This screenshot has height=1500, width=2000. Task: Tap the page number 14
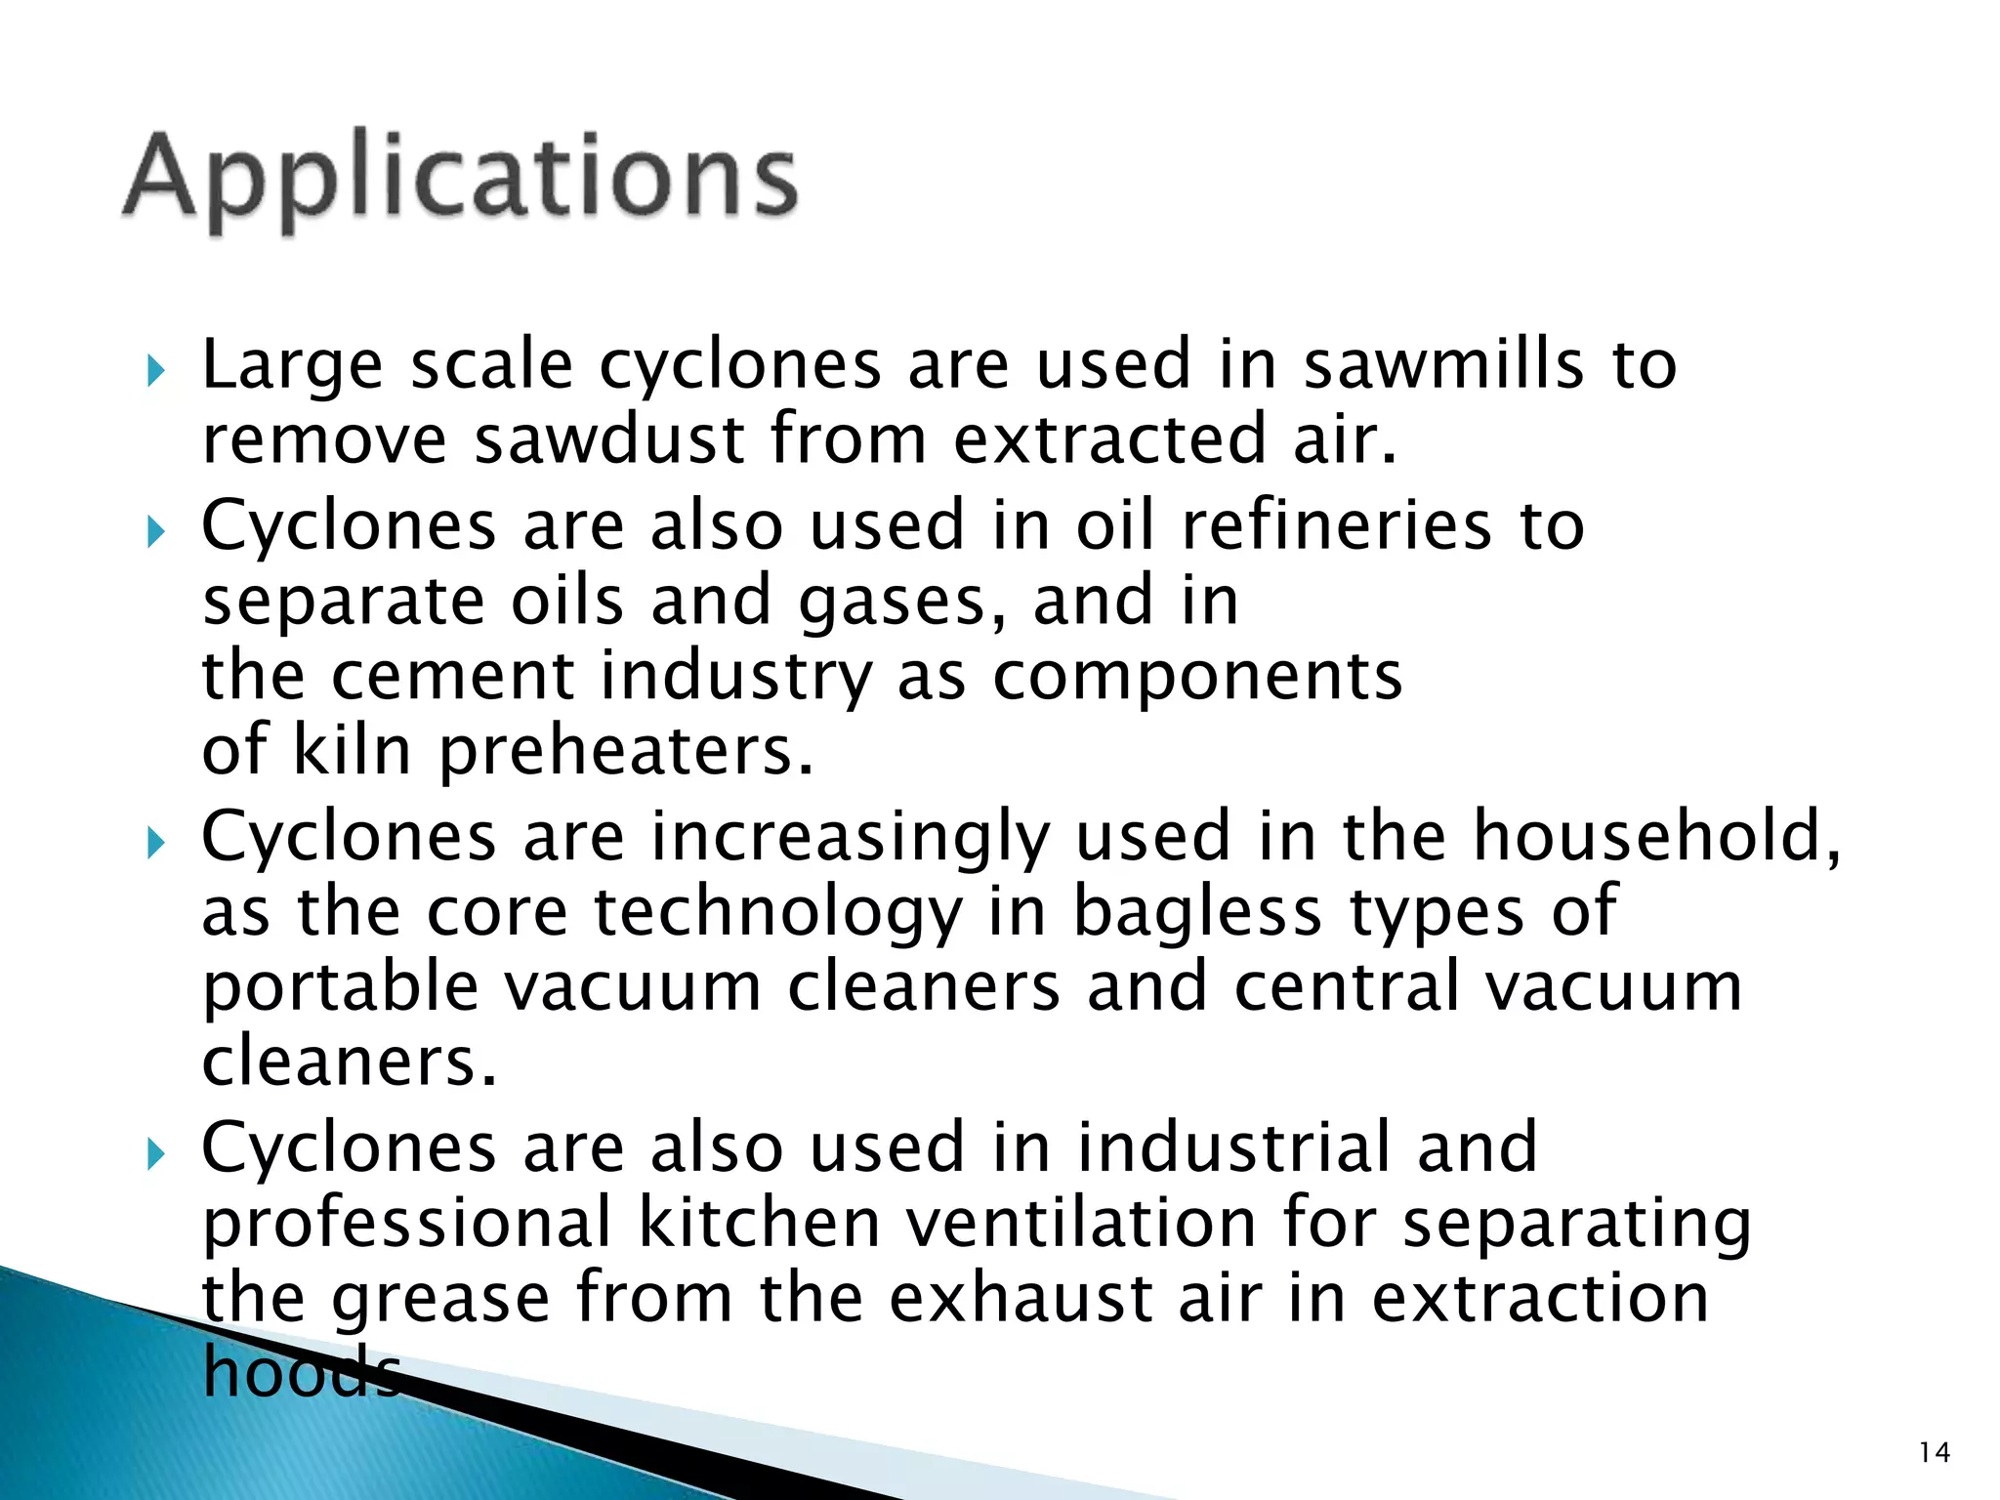pos(1934,1453)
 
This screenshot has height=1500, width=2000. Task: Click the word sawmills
pos(1443,364)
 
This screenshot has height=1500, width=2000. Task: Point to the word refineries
pos(1336,526)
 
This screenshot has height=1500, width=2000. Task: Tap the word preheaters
pos(625,752)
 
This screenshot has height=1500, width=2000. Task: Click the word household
pos(1655,837)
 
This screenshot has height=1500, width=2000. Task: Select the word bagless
pos(1197,913)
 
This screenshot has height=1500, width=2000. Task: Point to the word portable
pos(340,987)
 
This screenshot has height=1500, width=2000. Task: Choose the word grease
pos(440,1299)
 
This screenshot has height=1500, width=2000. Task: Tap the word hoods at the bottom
pos(301,1371)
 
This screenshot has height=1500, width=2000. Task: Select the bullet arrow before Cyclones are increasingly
pos(155,842)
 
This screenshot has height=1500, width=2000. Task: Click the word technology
pos(777,913)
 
